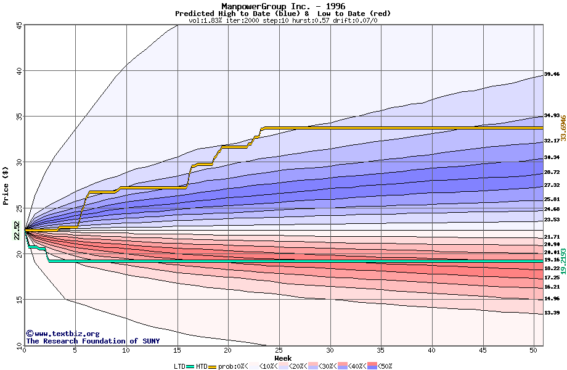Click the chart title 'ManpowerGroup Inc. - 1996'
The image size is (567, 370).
tap(283, 6)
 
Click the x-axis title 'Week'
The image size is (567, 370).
tap(283, 358)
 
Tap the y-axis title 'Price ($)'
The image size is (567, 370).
tap(6, 184)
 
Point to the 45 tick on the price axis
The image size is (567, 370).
tap(19, 25)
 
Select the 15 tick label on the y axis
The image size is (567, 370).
tap(19, 300)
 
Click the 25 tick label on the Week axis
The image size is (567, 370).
tap(279, 350)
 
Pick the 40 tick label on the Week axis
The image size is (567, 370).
tap(431, 350)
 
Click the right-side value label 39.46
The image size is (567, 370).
tap(552, 74)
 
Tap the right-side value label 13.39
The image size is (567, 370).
tap(552, 313)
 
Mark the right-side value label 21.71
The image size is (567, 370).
tap(552, 237)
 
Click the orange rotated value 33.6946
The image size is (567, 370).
tap(563, 127)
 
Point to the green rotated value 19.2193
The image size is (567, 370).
tap(563, 261)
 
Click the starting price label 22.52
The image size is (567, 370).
tap(17, 230)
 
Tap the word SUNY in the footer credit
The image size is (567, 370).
tap(150, 341)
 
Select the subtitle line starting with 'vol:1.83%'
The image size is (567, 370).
tap(283, 20)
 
